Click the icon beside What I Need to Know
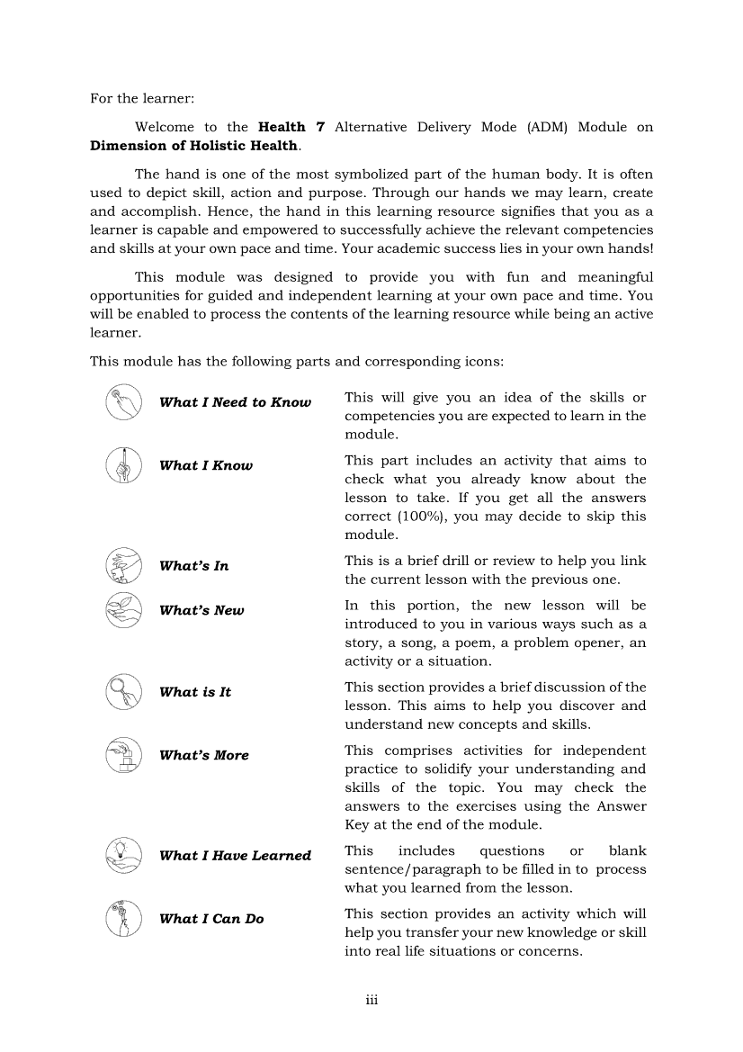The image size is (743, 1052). (x=123, y=402)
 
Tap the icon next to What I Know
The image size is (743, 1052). (x=123, y=465)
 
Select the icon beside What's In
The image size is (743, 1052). (x=123, y=566)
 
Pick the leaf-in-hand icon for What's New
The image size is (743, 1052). (x=123, y=609)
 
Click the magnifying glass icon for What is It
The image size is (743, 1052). (x=123, y=692)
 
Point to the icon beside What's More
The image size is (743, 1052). (x=123, y=755)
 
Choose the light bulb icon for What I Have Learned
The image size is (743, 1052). (x=123, y=856)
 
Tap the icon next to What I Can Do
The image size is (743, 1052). (x=123, y=919)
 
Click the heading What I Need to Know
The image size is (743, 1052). (x=235, y=402)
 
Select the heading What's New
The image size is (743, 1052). (x=201, y=610)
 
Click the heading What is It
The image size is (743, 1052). (x=195, y=692)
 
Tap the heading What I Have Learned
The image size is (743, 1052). (x=235, y=856)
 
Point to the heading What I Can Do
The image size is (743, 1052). (x=211, y=919)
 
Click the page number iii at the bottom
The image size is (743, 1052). (x=371, y=1001)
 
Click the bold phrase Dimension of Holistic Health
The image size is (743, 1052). (x=194, y=146)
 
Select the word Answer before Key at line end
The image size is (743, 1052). (x=622, y=806)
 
